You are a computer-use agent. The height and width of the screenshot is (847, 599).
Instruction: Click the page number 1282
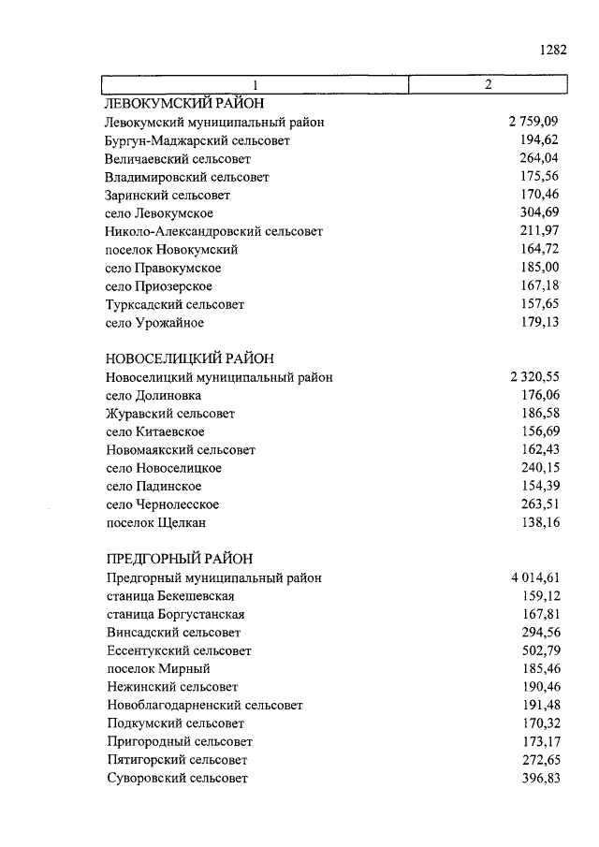[x=553, y=51]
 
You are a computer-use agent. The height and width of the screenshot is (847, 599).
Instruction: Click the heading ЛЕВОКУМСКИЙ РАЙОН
[x=185, y=104]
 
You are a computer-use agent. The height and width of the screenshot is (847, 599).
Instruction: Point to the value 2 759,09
[x=533, y=123]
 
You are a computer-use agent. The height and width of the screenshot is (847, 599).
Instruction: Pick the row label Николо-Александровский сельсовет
[x=214, y=231]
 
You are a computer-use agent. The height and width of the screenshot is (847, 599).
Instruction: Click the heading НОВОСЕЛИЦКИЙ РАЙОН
[x=190, y=359]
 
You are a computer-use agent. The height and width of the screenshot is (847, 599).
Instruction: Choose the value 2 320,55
[x=533, y=377]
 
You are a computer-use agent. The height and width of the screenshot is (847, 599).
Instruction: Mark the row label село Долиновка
[x=153, y=396]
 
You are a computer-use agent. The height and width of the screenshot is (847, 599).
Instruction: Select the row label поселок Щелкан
[x=155, y=523]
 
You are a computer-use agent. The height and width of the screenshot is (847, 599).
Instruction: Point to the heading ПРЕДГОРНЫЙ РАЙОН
[x=179, y=560]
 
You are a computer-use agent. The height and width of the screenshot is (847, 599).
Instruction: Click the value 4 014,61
[x=533, y=577]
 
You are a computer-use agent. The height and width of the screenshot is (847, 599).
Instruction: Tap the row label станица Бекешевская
[x=170, y=596]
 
